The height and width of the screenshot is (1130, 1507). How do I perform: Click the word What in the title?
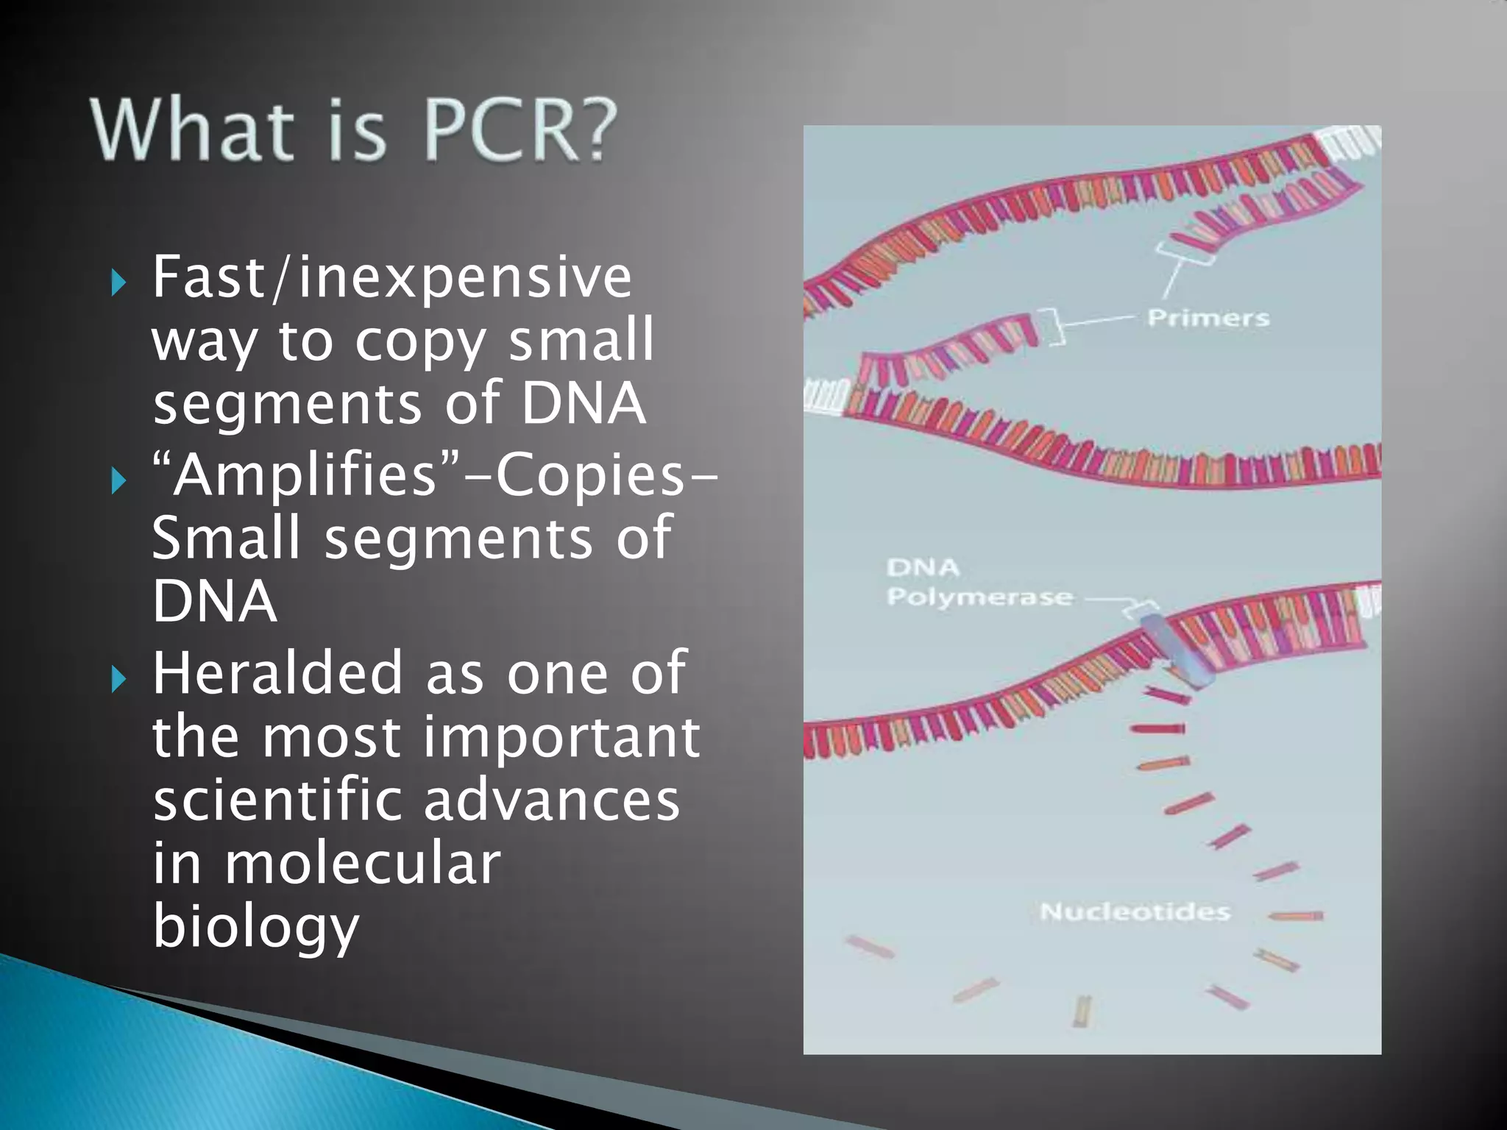tap(188, 131)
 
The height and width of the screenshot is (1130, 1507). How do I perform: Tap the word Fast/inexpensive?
tap(391, 278)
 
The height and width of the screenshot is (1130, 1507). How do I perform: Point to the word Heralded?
tap(277, 673)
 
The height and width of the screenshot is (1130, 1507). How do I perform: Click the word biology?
tap(255, 928)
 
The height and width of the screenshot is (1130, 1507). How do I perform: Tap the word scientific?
tap(277, 800)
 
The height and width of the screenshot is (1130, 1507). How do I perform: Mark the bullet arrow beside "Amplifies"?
tap(118, 482)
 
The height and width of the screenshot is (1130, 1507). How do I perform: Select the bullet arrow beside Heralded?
tap(118, 681)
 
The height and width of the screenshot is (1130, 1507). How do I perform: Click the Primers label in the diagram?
tap(1208, 319)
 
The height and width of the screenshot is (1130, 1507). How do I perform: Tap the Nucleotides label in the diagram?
tap(1135, 912)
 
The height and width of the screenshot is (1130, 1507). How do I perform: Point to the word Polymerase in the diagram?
tap(979, 597)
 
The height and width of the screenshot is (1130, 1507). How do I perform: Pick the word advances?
tap(551, 800)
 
